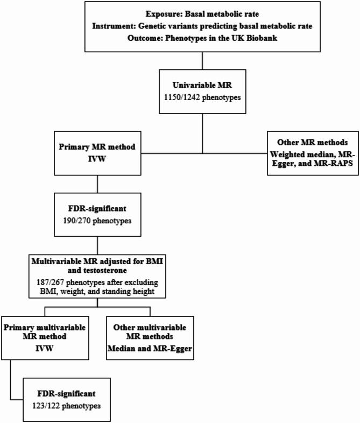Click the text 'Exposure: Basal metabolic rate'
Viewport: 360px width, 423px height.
click(x=203, y=12)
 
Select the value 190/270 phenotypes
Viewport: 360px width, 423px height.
click(x=96, y=220)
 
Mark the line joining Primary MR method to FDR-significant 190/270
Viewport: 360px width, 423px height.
click(x=97, y=185)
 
